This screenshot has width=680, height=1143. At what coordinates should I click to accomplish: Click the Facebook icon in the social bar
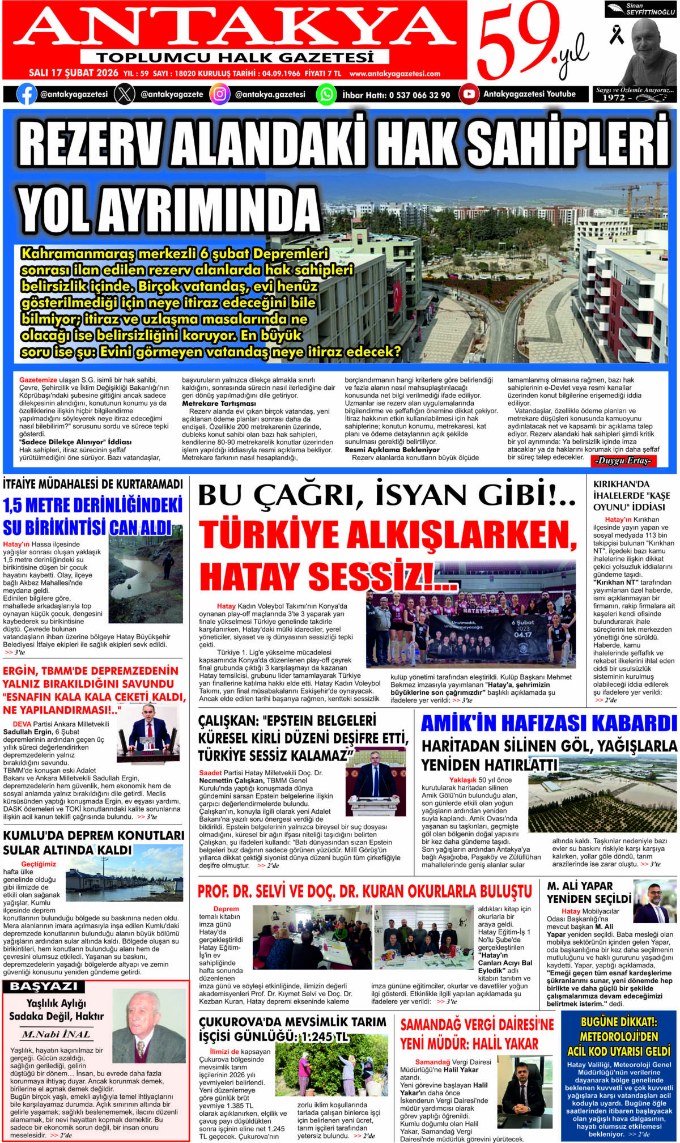point(27,94)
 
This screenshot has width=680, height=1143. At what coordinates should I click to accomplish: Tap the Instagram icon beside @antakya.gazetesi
point(220,94)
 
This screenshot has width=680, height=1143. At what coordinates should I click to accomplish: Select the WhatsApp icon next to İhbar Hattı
point(326,94)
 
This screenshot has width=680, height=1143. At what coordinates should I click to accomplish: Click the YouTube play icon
point(469,94)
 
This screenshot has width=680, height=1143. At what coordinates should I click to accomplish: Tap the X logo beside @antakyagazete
point(125,94)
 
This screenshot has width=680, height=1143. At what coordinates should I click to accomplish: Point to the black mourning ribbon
point(616,34)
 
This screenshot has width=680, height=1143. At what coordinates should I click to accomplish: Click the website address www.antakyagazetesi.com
point(395,74)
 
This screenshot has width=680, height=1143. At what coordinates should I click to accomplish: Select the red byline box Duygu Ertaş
point(623,461)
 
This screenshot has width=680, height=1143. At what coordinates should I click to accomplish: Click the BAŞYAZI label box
point(43,987)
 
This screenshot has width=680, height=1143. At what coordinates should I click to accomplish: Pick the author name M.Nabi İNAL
point(56,1034)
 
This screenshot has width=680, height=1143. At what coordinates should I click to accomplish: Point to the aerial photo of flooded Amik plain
point(602,796)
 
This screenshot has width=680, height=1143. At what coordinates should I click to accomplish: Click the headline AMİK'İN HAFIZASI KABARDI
point(549,724)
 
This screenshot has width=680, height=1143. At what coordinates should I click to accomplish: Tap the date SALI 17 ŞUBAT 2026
point(74,73)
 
